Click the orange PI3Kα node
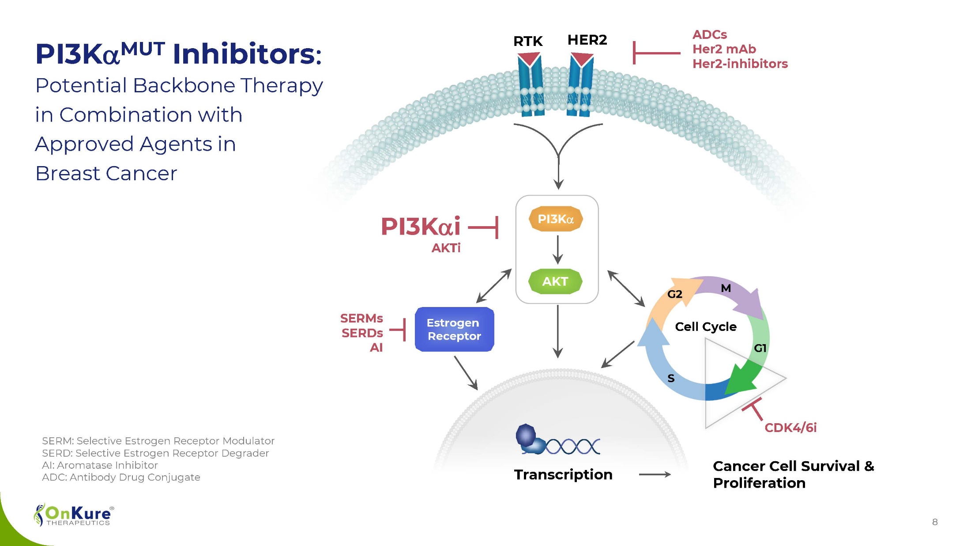tap(556, 219)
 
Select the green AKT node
tap(555, 281)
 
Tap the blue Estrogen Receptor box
tap(454, 330)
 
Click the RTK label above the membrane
tap(528, 42)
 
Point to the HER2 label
tap(587, 40)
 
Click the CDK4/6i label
tap(790, 428)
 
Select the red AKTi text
tap(446, 248)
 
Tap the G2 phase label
tap(674, 294)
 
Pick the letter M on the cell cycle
tap(726, 288)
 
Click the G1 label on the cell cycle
tap(760, 348)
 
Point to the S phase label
tap(671, 378)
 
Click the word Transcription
tap(563, 475)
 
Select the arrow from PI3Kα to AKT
tap(558, 250)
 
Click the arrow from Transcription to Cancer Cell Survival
tap(655, 475)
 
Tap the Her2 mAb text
tap(724, 49)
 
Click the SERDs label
tap(362, 333)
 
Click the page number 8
tap(935, 522)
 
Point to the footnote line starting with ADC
tap(121, 478)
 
